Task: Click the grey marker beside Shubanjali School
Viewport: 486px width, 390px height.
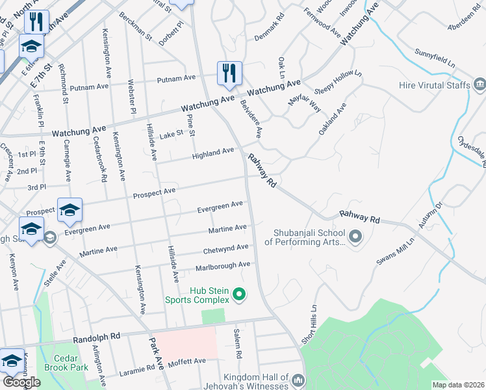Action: coord(355,238)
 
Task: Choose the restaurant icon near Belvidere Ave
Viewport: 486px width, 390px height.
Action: coord(229,72)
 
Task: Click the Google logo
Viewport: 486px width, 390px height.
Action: coord(21,382)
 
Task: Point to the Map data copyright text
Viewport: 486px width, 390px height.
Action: coord(458,385)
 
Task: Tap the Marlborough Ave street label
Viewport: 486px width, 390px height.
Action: coord(223,266)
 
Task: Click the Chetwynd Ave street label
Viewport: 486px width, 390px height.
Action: coord(225,248)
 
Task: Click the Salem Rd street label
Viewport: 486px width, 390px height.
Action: coord(238,344)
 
